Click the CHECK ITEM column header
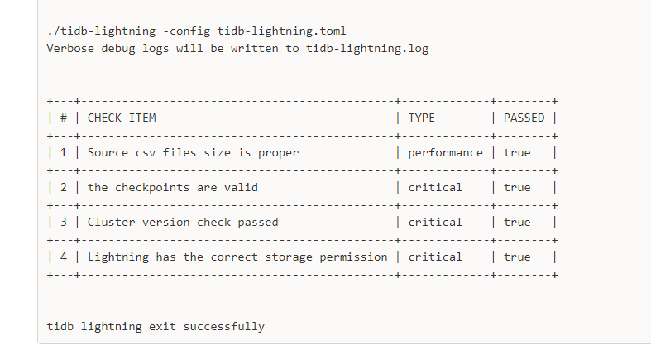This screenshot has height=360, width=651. tap(122, 118)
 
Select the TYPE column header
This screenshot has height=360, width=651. tap(421, 118)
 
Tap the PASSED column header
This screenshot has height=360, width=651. tap(524, 118)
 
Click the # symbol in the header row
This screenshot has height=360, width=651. tap(64, 118)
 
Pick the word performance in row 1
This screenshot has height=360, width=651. tap(446, 153)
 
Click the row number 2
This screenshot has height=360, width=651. tap(64, 188)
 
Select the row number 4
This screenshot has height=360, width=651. tap(64, 257)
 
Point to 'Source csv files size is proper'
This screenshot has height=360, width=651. tap(193, 153)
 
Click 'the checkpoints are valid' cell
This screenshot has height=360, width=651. tap(173, 188)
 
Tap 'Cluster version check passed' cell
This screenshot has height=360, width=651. tap(183, 223)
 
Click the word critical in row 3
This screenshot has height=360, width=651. tap(435, 223)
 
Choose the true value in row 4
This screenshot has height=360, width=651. tap(517, 257)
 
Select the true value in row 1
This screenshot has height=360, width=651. tap(517, 153)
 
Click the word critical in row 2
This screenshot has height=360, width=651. tap(435, 188)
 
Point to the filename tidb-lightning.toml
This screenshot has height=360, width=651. tap(281, 31)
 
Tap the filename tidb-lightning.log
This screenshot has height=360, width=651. tap(367, 49)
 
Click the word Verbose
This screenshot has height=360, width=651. tap(70, 49)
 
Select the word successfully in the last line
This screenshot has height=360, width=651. tap(224, 327)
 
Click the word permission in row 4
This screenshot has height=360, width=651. tap(353, 257)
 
